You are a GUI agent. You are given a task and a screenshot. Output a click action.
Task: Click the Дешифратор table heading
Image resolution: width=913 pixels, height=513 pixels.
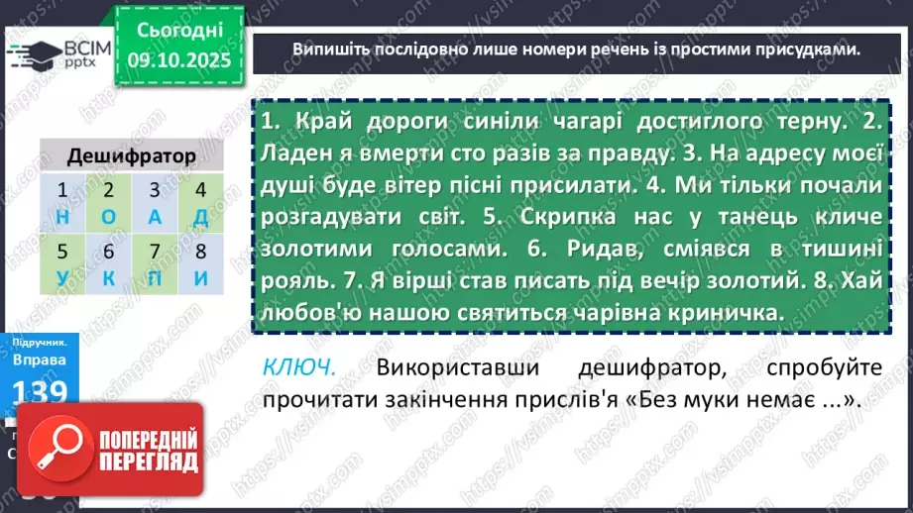point(131,156)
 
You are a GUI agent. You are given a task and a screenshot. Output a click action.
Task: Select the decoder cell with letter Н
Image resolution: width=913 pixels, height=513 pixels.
point(63,204)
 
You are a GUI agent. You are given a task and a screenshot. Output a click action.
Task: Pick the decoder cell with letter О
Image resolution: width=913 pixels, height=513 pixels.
point(109,204)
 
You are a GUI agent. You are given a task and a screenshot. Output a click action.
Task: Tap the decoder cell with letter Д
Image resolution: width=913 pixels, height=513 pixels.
point(200,204)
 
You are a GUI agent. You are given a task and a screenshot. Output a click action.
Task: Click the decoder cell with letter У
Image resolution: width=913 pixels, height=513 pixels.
point(63,265)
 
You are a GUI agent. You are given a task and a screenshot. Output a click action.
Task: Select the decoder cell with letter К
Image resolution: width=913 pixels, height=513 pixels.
point(109,265)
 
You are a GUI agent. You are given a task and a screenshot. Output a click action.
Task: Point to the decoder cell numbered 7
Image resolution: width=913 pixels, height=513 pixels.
point(155,265)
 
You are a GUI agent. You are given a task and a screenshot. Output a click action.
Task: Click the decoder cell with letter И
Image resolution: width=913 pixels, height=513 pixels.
point(200,265)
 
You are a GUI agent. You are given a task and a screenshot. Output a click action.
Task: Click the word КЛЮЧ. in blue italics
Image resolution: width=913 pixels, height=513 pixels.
point(299,367)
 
